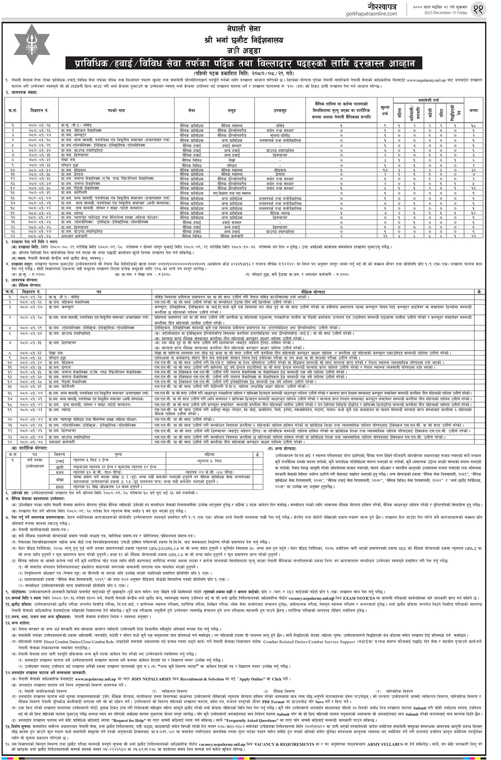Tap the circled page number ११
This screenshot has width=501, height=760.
pyautogui.click(x=478, y=10)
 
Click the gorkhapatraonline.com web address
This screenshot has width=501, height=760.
pyautogui.click(x=371, y=14)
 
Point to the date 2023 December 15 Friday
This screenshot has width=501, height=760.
pyautogui.click(x=445, y=13)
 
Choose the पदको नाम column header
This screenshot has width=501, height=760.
pyautogui.click(x=116, y=110)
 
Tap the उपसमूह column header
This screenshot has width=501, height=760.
pyautogui.click(x=280, y=110)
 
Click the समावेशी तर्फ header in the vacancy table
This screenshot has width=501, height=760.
pyautogui.click(x=429, y=100)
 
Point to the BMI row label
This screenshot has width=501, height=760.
pyautogui.click(x=59, y=487)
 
